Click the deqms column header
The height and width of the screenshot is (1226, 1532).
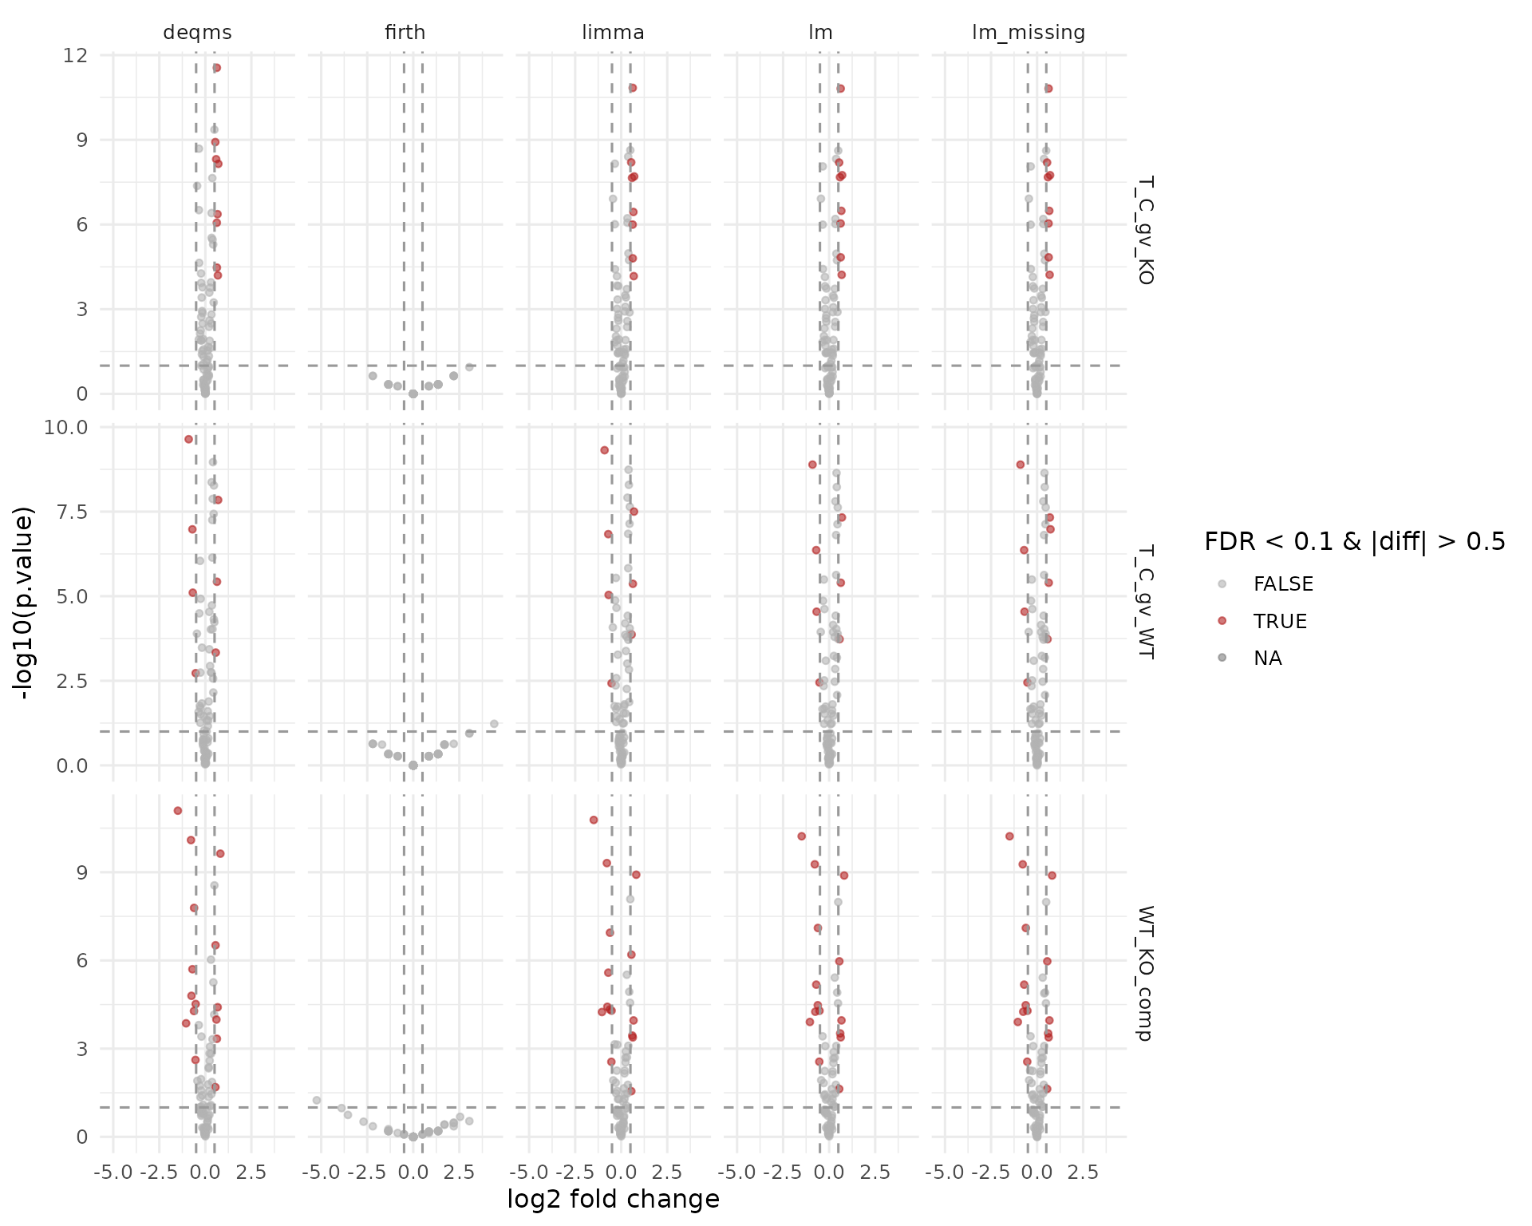pyautogui.click(x=197, y=33)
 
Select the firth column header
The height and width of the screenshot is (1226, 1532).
pyautogui.click(x=405, y=33)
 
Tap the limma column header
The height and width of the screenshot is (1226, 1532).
pyautogui.click(x=613, y=33)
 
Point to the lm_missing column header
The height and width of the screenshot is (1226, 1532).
pyautogui.click(x=1029, y=33)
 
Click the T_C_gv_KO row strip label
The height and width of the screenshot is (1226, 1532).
pyautogui.click(x=1144, y=230)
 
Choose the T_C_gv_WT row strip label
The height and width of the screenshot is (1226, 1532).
pyautogui.click(x=1144, y=602)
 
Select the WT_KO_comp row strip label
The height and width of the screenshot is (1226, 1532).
pyautogui.click(x=1144, y=973)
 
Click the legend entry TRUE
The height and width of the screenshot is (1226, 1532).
pyautogui.click(x=1280, y=621)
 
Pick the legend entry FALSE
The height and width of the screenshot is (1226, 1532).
pyautogui.click(x=1283, y=583)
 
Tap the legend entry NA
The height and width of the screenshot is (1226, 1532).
pyautogui.click(x=1267, y=658)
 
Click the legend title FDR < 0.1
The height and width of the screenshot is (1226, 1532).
pyautogui.click(x=1354, y=542)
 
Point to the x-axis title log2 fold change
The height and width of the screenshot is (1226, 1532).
pyautogui.click(x=613, y=1200)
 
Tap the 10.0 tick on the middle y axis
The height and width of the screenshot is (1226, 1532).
pyautogui.click(x=67, y=427)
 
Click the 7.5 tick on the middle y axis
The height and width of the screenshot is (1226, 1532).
pyautogui.click(x=72, y=512)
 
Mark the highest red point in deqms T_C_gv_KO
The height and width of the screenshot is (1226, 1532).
pyautogui.click(x=216, y=68)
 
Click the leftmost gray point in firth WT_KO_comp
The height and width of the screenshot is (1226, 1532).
pyautogui.click(x=317, y=1100)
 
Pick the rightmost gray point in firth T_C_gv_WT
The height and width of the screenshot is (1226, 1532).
pyautogui.click(x=494, y=724)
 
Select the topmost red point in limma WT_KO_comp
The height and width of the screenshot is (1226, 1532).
pyautogui.click(x=594, y=820)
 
